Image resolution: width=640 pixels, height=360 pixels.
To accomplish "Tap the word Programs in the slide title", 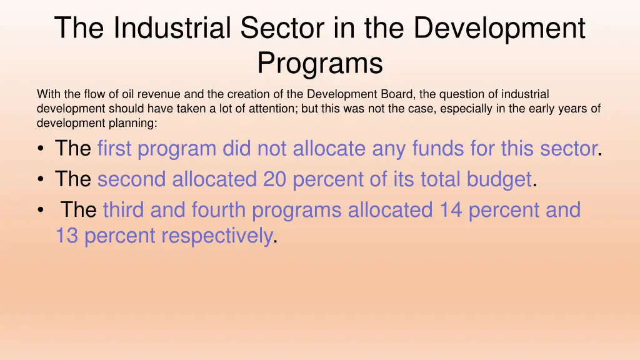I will [320, 63].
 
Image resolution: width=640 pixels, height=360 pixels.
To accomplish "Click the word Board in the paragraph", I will [399, 94].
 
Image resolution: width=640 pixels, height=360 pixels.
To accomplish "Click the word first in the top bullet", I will [114, 149].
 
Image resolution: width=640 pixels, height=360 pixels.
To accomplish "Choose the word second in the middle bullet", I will [132, 179].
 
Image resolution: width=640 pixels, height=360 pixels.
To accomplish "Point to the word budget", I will [499, 179].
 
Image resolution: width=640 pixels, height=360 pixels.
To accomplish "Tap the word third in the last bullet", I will [124, 210].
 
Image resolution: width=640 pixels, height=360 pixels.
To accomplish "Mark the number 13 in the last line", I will [67, 236].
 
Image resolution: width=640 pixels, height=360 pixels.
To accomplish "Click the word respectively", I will [217, 236].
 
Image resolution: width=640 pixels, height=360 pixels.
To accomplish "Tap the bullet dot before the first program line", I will [41, 149].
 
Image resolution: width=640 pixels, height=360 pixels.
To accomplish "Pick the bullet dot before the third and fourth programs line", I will [41, 211].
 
